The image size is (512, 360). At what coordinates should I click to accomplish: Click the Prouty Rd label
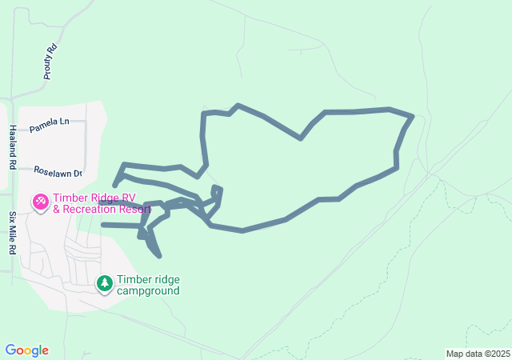pyautogui.click(x=49, y=61)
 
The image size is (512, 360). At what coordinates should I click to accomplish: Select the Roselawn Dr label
pyautogui.click(x=58, y=172)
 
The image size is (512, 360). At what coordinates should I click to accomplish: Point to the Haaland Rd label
pyautogui.click(x=13, y=147)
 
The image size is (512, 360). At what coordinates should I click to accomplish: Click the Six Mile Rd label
pyautogui.click(x=13, y=233)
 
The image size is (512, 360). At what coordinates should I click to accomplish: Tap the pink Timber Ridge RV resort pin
pyautogui.click(x=39, y=202)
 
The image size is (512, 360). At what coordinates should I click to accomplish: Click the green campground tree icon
pyautogui.click(x=105, y=283)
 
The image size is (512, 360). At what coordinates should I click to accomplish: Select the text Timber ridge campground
pyautogui.click(x=148, y=285)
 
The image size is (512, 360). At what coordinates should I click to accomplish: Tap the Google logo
pyautogui.click(x=26, y=350)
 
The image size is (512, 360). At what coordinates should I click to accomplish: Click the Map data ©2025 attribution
pyautogui.click(x=478, y=354)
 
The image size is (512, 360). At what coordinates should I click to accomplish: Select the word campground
pyautogui.click(x=148, y=290)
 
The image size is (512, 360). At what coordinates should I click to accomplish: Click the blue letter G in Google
pyautogui.click(x=10, y=350)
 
